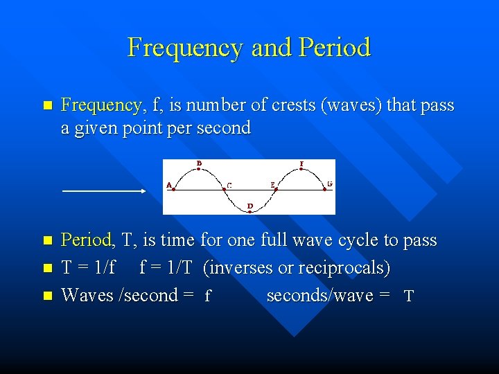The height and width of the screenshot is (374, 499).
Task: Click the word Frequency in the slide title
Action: point(185,48)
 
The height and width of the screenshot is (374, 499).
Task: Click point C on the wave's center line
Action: point(225,187)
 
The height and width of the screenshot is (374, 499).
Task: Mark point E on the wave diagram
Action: point(276,187)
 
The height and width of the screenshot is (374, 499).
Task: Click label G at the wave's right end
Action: point(329,185)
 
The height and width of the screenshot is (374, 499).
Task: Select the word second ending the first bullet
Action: point(225,129)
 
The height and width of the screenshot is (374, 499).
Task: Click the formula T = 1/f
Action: point(89,268)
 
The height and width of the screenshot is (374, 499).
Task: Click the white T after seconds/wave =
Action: point(409,296)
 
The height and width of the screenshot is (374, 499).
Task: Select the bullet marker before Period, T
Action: point(47,241)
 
